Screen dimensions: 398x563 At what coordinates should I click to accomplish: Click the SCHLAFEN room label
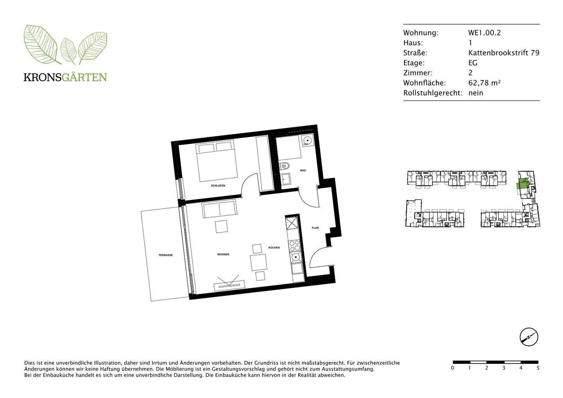pos(218,186)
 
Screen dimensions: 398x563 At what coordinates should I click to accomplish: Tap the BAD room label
pos(303,171)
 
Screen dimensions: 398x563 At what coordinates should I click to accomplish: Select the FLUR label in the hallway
pos(315,228)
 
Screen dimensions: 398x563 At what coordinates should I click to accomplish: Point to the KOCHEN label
pos(274,248)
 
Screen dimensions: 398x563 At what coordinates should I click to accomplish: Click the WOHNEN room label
pos(223,254)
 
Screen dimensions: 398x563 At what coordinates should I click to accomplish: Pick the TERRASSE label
pos(165,255)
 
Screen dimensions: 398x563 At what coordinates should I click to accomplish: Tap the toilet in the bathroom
pos(285,166)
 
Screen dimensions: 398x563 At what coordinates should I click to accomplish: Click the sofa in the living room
pos(219,210)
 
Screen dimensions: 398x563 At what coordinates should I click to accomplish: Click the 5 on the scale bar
pos(538,368)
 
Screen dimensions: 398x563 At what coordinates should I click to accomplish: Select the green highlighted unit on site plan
pos(522,184)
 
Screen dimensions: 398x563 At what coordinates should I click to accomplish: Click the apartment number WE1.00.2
pos(484,33)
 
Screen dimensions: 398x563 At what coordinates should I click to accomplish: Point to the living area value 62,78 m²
pos(484,83)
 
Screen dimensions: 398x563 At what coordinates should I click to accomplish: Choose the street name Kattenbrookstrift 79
pos(504,53)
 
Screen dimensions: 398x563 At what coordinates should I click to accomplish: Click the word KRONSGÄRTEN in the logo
pos(65,77)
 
